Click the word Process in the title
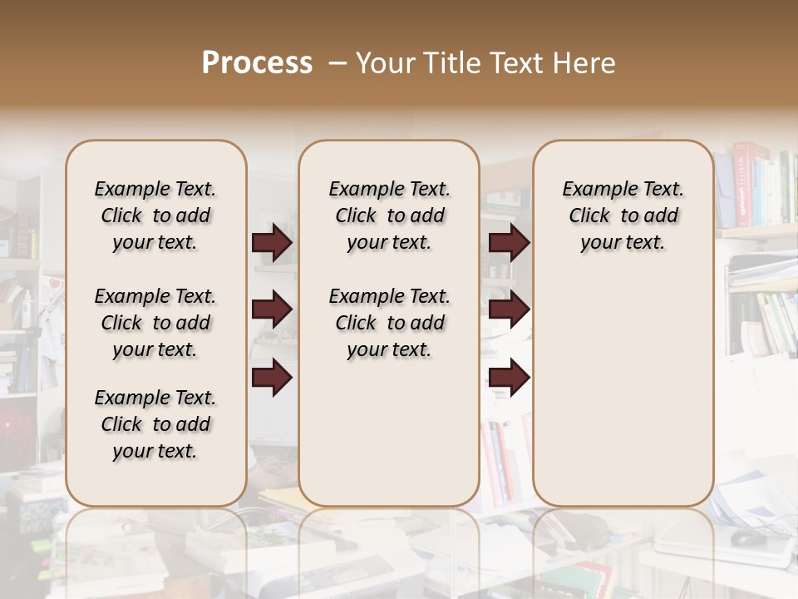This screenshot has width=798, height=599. coord(257,63)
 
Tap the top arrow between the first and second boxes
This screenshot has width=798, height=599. coord(272,243)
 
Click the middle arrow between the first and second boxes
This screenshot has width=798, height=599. coord(272,310)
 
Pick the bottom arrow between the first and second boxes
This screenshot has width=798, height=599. coord(272,377)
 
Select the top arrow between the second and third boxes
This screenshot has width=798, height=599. coord(509,243)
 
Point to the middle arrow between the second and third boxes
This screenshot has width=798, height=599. coord(509,310)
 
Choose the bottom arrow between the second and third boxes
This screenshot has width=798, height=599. coord(509,377)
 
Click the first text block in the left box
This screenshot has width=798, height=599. coord(155,215)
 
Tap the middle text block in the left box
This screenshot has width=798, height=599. coord(155,323)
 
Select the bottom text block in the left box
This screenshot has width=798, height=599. coord(155,424)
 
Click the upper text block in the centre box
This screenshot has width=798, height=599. coord(389,215)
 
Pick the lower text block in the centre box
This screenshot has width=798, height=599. coord(389,323)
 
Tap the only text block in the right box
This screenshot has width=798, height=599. coord(623,215)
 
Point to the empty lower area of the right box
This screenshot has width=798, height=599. coord(623,383)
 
